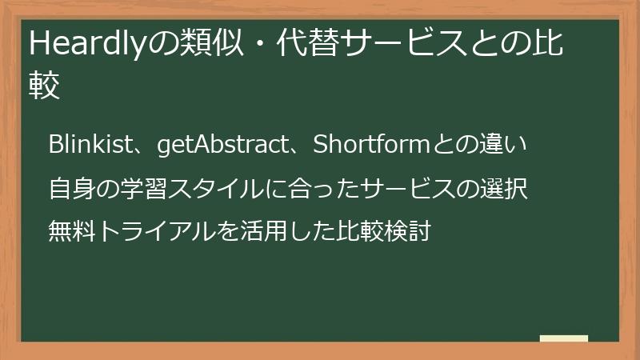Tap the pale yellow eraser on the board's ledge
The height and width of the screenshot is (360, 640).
pyautogui.click(x=564, y=338)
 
